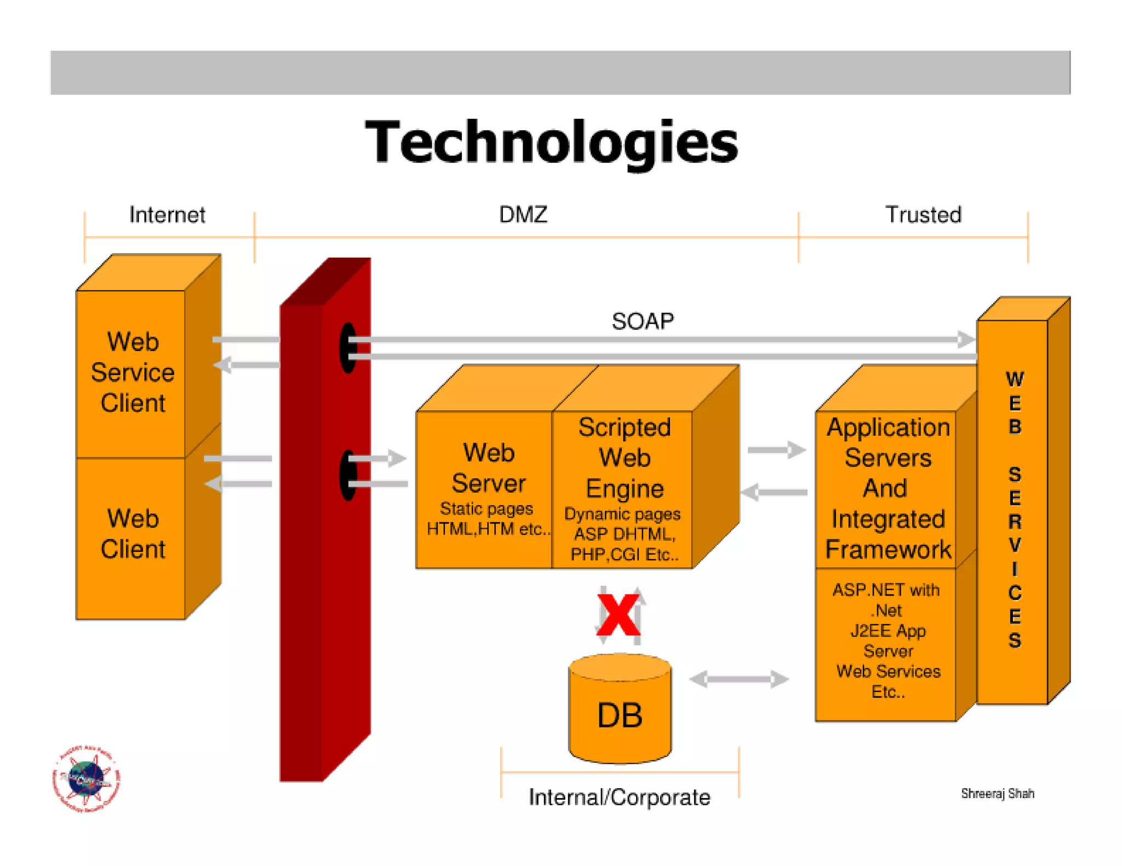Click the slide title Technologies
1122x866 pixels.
coord(551,142)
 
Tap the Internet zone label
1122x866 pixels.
coord(167,215)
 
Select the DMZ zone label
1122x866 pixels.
coord(523,215)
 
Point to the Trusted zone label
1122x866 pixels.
coord(923,215)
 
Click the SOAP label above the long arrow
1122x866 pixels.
coord(642,321)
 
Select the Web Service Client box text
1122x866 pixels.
coord(133,372)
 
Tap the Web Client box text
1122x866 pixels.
coord(133,534)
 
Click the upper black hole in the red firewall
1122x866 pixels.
coord(348,348)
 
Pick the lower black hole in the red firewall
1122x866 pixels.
coord(348,475)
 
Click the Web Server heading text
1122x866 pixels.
coord(488,468)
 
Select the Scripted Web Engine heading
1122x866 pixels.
coord(624,458)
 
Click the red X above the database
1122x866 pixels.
coord(618,615)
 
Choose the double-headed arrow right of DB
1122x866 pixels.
coord(739,679)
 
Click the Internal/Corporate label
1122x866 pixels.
coord(619,797)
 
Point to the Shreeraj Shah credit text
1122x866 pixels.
coord(997,793)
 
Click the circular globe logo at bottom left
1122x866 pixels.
coord(86,778)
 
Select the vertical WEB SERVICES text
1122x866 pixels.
coord(1014,509)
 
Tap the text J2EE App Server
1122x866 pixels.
coord(888,640)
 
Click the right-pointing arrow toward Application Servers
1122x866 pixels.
coord(776,450)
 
